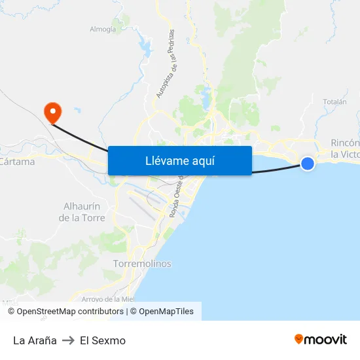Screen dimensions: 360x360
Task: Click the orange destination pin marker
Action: coord(52,112)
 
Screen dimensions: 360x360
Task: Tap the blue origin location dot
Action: coord(307,163)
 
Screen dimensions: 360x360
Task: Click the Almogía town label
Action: coord(103,29)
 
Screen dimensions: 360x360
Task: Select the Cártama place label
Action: coord(18,162)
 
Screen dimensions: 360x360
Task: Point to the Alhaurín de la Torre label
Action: coord(82,211)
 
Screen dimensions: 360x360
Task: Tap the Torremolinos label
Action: coord(142,264)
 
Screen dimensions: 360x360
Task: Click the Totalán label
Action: coord(334,102)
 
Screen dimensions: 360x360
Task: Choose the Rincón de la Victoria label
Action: coord(345,149)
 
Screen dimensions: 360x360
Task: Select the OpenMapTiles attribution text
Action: coord(166,312)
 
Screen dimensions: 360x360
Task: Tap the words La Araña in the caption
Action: coord(35,340)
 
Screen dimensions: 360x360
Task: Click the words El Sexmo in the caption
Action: coord(103,340)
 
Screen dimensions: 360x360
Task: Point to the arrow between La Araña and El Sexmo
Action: coord(68,340)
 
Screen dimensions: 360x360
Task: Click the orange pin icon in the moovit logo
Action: coord(299,339)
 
